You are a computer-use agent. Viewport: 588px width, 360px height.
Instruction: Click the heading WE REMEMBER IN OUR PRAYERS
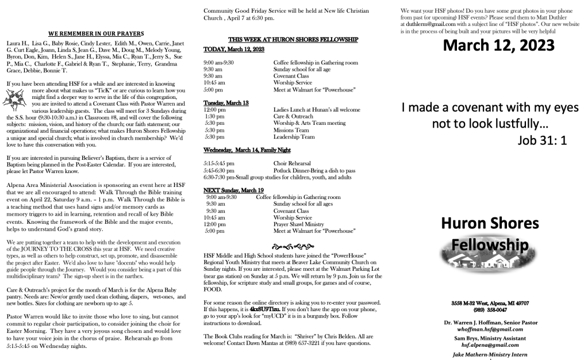pos(96,33)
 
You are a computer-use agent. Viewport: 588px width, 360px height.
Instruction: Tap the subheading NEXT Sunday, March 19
pos(234,190)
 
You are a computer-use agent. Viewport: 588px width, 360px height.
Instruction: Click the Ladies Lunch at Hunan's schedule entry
pos(317,109)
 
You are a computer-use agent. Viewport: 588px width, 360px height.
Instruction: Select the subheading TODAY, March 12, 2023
pos(235,50)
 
